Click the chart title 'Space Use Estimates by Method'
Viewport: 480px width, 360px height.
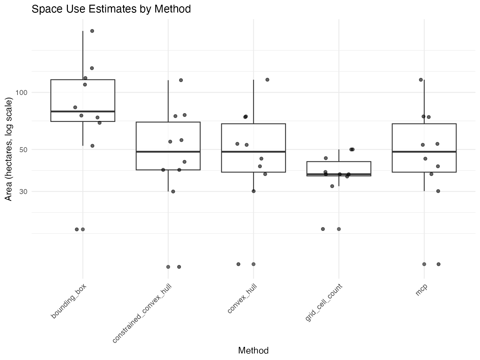111,9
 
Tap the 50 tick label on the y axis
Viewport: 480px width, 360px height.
23,150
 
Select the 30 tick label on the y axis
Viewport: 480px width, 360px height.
23,192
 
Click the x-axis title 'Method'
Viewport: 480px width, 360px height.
253,351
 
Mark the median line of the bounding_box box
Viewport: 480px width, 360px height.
83,111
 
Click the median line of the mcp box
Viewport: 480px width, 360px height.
424,152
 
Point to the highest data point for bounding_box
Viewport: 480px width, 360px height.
92,31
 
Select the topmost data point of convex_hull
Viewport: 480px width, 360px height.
267,80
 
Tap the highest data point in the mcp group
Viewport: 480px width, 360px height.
421,80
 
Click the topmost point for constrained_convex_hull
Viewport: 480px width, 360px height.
181,80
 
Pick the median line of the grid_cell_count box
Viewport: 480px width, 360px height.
339,174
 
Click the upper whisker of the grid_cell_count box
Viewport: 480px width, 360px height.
339,155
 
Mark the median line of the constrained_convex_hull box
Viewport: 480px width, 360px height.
168,152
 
